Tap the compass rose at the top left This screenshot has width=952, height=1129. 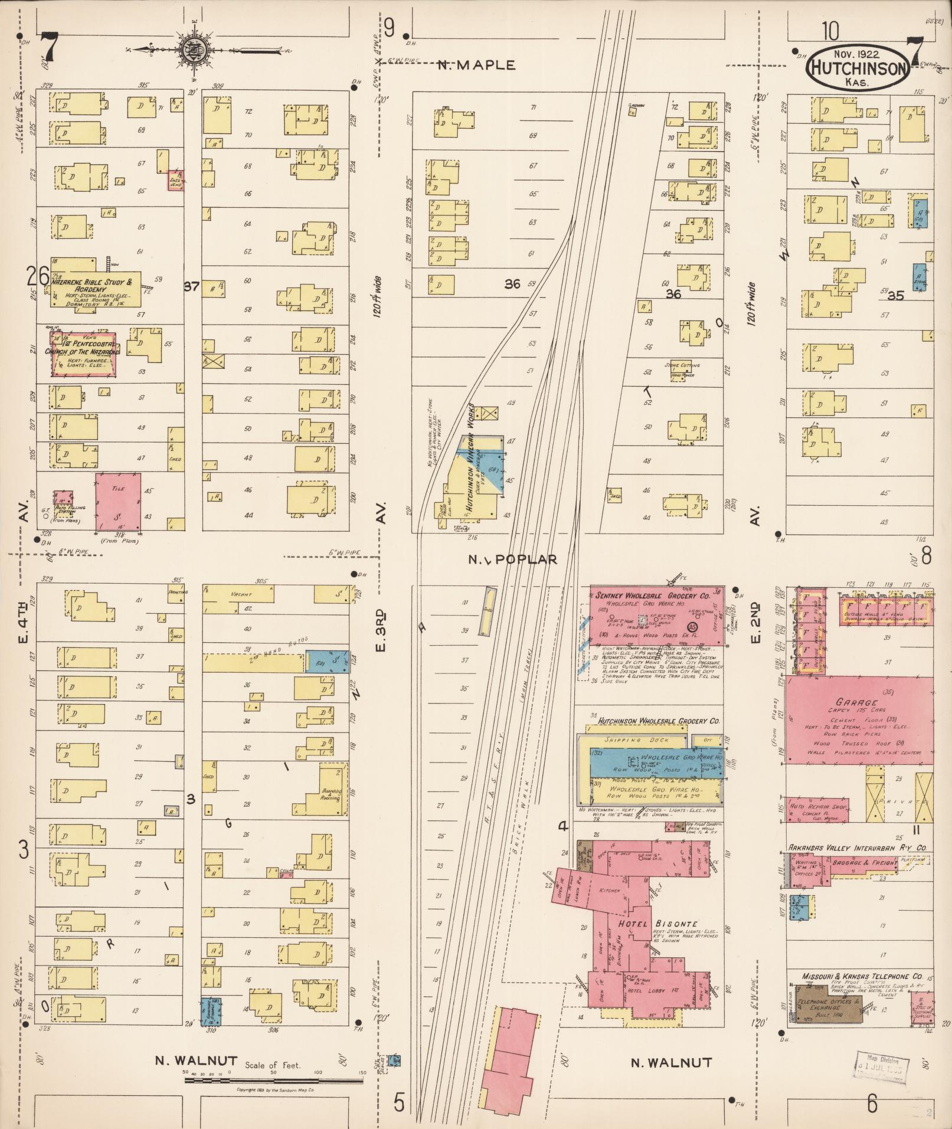(192, 50)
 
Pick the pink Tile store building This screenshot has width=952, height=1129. (118, 501)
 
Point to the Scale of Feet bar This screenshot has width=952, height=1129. (273, 1081)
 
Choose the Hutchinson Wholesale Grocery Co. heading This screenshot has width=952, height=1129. (659, 721)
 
